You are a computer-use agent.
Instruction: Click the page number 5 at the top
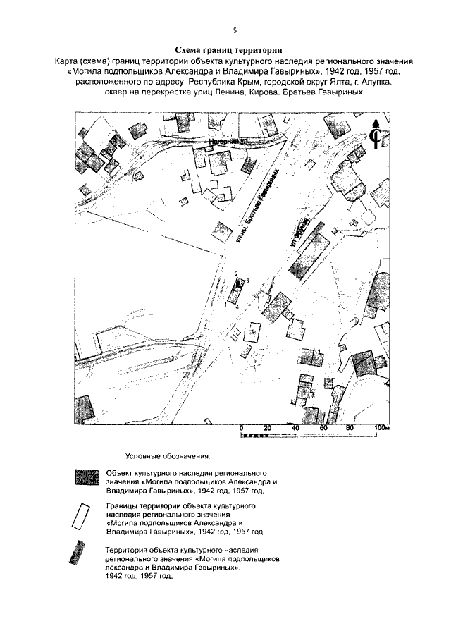[x=233, y=30]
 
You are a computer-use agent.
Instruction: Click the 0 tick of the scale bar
[x=241, y=429]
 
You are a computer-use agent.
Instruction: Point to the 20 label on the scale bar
[x=268, y=429]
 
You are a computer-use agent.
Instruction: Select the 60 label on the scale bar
[x=323, y=429]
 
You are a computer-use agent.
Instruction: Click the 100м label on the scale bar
[x=382, y=429]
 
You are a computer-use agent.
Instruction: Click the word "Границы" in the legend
[x=123, y=506]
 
